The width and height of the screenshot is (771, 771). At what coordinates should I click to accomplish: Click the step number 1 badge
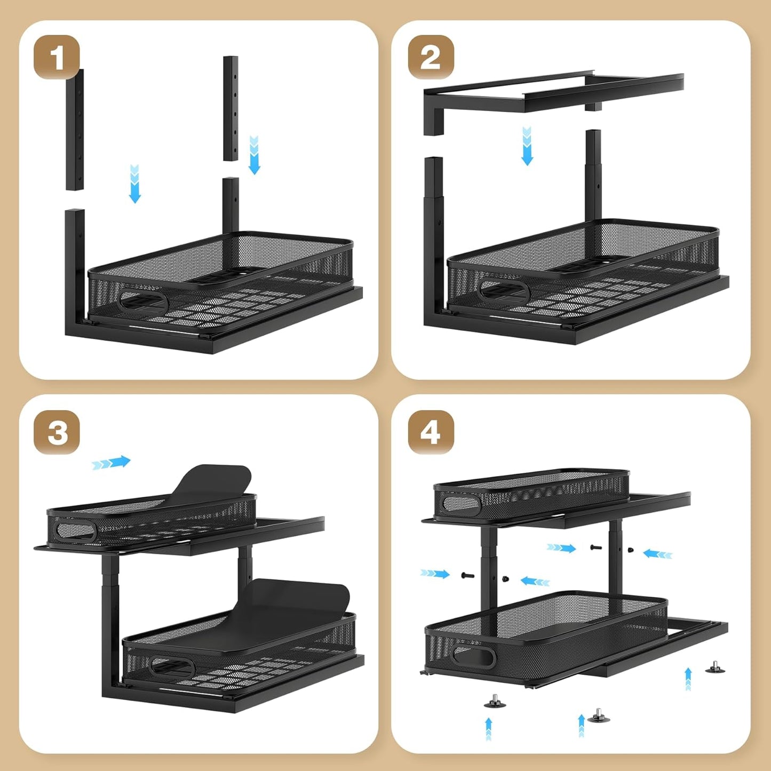click(57, 57)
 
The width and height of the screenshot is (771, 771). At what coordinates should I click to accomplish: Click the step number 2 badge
click(431, 57)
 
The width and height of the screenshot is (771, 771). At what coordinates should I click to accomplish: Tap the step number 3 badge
click(57, 432)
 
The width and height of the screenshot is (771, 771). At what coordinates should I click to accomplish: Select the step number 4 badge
click(431, 432)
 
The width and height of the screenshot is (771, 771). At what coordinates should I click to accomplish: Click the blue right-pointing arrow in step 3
click(111, 463)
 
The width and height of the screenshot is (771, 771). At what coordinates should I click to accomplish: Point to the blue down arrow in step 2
click(527, 146)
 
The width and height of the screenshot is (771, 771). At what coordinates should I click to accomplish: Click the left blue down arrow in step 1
click(134, 184)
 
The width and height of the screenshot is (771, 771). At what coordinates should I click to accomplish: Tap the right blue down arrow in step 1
click(255, 155)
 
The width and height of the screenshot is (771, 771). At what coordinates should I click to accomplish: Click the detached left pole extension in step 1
click(75, 130)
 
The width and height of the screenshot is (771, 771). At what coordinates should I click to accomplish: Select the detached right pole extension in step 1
click(230, 108)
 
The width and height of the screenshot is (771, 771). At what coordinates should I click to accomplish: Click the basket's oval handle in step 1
click(144, 301)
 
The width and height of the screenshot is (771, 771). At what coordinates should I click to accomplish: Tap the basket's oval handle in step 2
click(504, 290)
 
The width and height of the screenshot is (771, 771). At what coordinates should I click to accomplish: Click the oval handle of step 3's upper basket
click(76, 531)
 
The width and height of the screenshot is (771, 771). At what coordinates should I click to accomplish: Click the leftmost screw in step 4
click(467, 575)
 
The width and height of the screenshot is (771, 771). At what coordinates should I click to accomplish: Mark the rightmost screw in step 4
click(630, 550)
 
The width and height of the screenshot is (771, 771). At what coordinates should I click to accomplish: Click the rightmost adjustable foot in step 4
click(715, 667)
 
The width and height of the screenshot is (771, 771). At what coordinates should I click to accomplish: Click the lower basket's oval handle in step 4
click(474, 657)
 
